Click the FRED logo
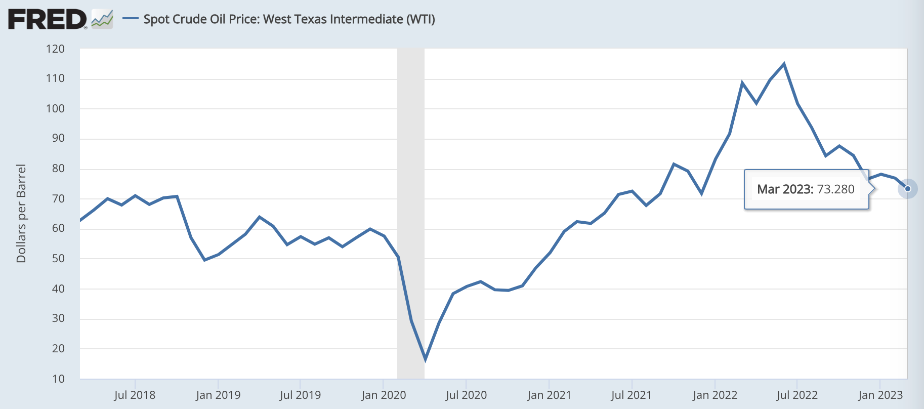tap(47, 20)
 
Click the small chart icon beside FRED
tap(102, 19)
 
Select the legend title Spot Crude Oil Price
tap(289, 19)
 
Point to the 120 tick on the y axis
tap(55, 49)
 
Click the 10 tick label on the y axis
tap(58, 379)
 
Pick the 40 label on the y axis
tap(58, 289)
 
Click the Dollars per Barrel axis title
tap(21, 213)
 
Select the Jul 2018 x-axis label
tap(135, 395)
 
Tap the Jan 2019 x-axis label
tap(218, 395)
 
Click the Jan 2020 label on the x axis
tap(384, 395)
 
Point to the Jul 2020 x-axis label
tap(466, 395)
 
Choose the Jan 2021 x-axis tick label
tap(549, 395)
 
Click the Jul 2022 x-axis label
tap(797, 395)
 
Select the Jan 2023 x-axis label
tap(880, 395)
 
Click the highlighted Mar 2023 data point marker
tap(908, 189)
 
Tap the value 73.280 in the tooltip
tap(835, 189)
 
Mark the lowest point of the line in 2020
tap(425, 359)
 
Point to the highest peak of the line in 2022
tap(784, 64)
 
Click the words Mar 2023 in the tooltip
tap(784, 189)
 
